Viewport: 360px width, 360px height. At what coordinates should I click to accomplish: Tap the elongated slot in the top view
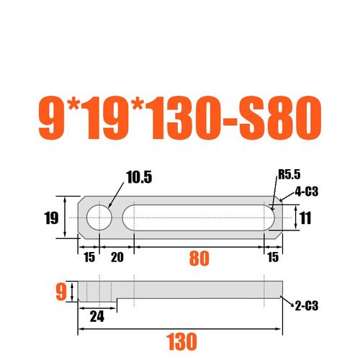click(x=200, y=216)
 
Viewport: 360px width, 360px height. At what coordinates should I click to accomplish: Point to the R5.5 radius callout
click(x=287, y=174)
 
